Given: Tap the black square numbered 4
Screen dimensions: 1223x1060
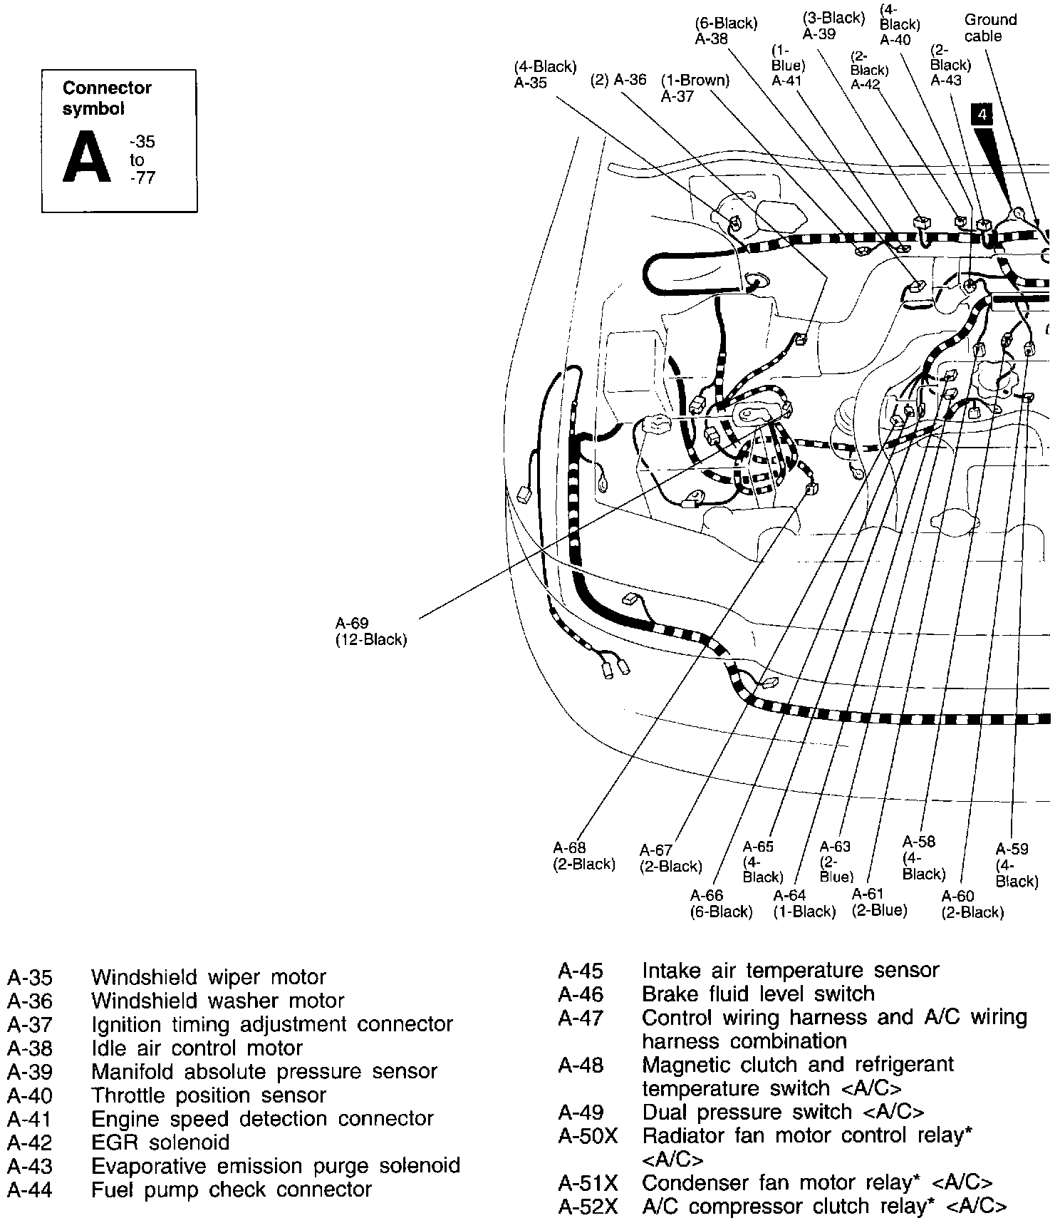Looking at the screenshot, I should pyautogui.click(x=982, y=114).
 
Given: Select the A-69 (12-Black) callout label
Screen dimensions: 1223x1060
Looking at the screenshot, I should pyautogui.click(x=370, y=631).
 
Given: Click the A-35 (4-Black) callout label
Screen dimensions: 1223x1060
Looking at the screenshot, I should pyautogui.click(x=545, y=75).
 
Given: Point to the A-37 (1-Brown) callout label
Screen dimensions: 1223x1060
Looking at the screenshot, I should pyautogui.click(x=695, y=88).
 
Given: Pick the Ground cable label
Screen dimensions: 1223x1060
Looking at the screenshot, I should pyautogui.click(x=989, y=28).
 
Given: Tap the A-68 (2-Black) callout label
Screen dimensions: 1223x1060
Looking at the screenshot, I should pyautogui.click(x=583, y=856).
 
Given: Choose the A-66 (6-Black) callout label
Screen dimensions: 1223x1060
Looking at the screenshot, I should pyautogui.click(x=721, y=904).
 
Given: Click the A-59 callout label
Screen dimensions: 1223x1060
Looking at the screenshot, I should pyautogui.click(x=1016, y=865).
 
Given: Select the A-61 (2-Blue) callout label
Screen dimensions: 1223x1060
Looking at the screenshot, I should pyautogui.click(x=879, y=902).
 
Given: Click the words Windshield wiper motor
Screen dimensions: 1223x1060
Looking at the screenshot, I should pyautogui.click(x=208, y=977).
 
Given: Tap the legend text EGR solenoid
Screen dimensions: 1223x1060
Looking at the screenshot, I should pyautogui.click(x=160, y=1142).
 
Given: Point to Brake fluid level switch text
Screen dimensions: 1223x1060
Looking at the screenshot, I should pyautogui.click(x=758, y=994).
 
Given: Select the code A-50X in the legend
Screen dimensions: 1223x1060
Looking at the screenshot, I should pyautogui.click(x=588, y=1135).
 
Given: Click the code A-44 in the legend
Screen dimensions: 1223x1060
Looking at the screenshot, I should pyautogui.click(x=29, y=1190).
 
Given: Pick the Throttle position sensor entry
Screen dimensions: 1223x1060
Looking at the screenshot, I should pyautogui.click(x=208, y=1095).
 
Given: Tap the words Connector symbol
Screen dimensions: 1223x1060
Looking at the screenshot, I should pyautogui.click(x=107, y=98).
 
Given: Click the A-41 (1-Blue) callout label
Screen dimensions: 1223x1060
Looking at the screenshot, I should pyautogui.click(x=788, y=66).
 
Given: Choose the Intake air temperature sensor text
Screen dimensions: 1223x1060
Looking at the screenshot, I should pyautogui.click(x=790, y=970).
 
